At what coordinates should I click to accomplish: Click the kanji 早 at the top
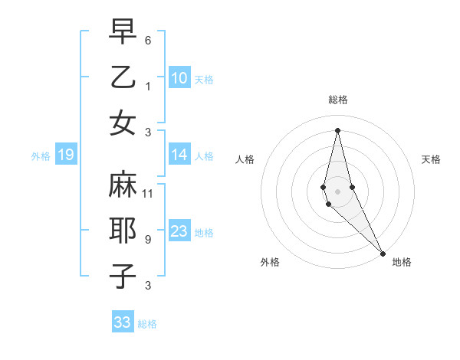coord(123,32)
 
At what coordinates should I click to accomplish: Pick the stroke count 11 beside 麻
coord(148,193)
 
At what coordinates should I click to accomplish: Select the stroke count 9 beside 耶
coord(148,239)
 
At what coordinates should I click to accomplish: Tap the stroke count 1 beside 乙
coord(148,86)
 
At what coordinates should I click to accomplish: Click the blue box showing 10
coord(179,78)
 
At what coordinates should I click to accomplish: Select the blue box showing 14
coord(179,155)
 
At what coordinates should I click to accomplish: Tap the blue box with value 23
coord(179,231)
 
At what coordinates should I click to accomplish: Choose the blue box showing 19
coord(65,155)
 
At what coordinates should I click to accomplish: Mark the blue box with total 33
coord(123,322)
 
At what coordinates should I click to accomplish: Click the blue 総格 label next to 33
coord(147,324)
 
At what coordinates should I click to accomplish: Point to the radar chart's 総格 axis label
coord(338,100)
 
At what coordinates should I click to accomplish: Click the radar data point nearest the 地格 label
coord(383,253)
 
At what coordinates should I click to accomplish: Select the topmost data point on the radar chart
coord(337,130)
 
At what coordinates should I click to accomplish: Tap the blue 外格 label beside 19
coord(41,156)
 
